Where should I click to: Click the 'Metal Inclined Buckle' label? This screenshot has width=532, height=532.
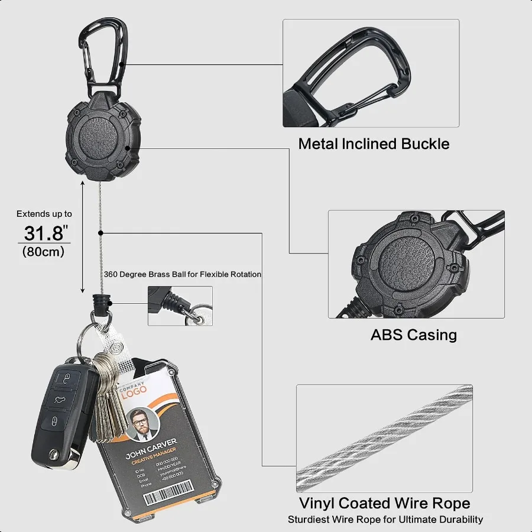coord(374,144)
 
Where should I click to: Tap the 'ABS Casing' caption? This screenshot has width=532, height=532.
coord(414,335)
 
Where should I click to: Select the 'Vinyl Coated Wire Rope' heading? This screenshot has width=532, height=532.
coord(385,504)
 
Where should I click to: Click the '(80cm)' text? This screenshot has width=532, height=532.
coord(44,251)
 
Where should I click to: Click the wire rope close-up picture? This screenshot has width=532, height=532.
coord(384,438)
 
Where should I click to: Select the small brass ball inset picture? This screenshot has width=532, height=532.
coord(180,306)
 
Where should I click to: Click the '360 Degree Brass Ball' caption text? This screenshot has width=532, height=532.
coord(182,274)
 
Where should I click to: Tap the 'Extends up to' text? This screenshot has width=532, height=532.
coord(44,214)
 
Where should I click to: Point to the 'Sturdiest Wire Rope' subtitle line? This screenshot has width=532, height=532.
coord(385,520)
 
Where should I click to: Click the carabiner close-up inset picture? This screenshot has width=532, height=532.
coord(371,73)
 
